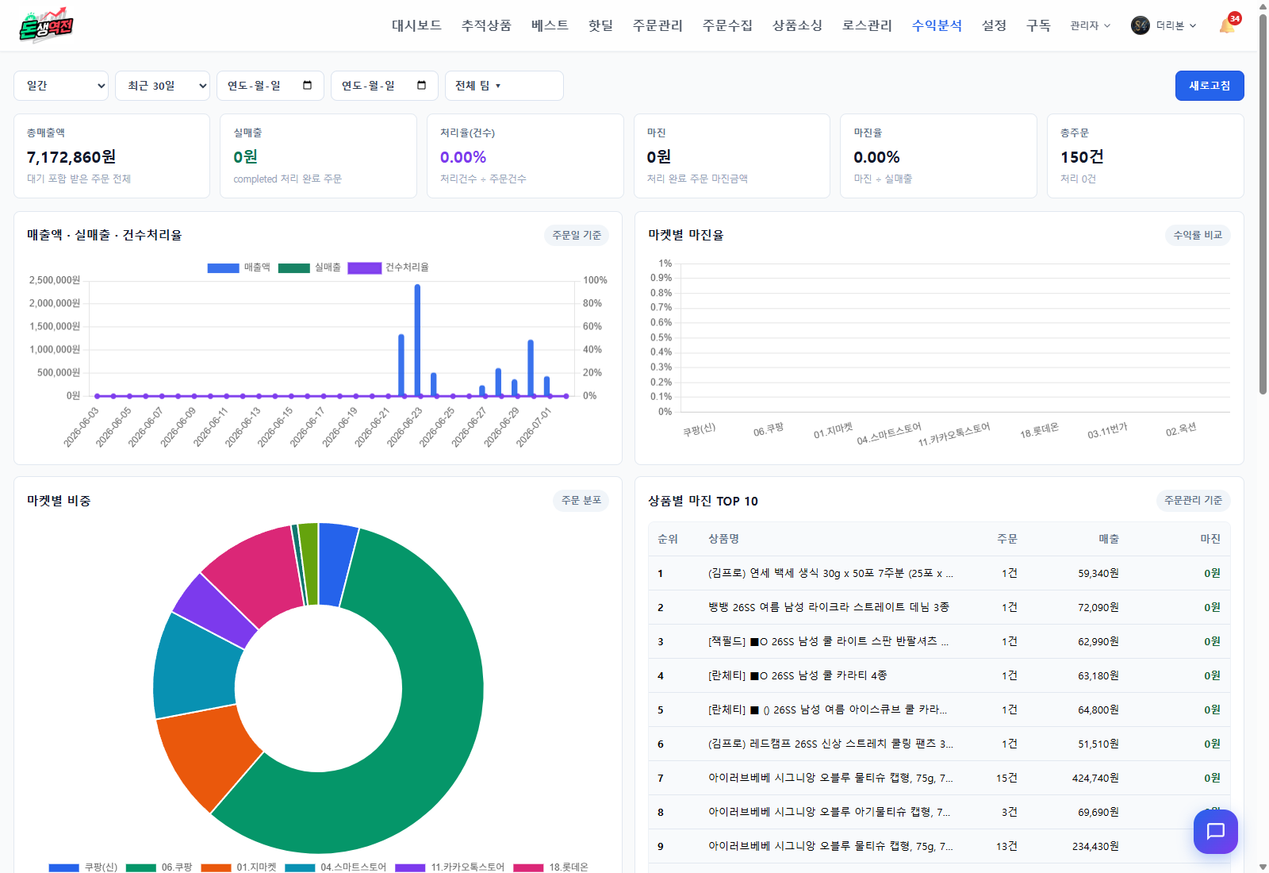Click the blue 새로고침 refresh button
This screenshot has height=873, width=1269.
pos(1209,86)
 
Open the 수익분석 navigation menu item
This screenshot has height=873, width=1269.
pos(937,25)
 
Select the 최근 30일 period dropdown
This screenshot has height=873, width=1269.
pos(163,86)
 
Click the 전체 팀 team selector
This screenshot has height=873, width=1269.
pos(504,86)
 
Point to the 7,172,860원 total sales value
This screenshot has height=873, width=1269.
pos(71,157)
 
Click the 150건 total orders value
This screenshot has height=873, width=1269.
pos(1082,157)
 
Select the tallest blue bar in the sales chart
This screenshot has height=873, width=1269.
pos(417,340)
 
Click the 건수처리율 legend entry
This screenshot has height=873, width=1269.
pos(389,267)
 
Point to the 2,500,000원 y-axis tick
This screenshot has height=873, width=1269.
pos(55,280)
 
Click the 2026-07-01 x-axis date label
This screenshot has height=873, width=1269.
pos(533,427)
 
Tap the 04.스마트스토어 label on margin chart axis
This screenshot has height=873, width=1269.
pos(889,433)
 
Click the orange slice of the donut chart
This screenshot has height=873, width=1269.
pos(207,754)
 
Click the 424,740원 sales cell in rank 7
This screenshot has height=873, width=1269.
pos(1095,779)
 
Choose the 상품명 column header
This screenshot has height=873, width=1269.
pos(723,539)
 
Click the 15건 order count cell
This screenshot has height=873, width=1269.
pos(1006,779)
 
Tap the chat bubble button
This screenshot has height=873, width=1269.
pos(1216,832)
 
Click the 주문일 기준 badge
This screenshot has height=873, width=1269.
pos(576,235)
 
